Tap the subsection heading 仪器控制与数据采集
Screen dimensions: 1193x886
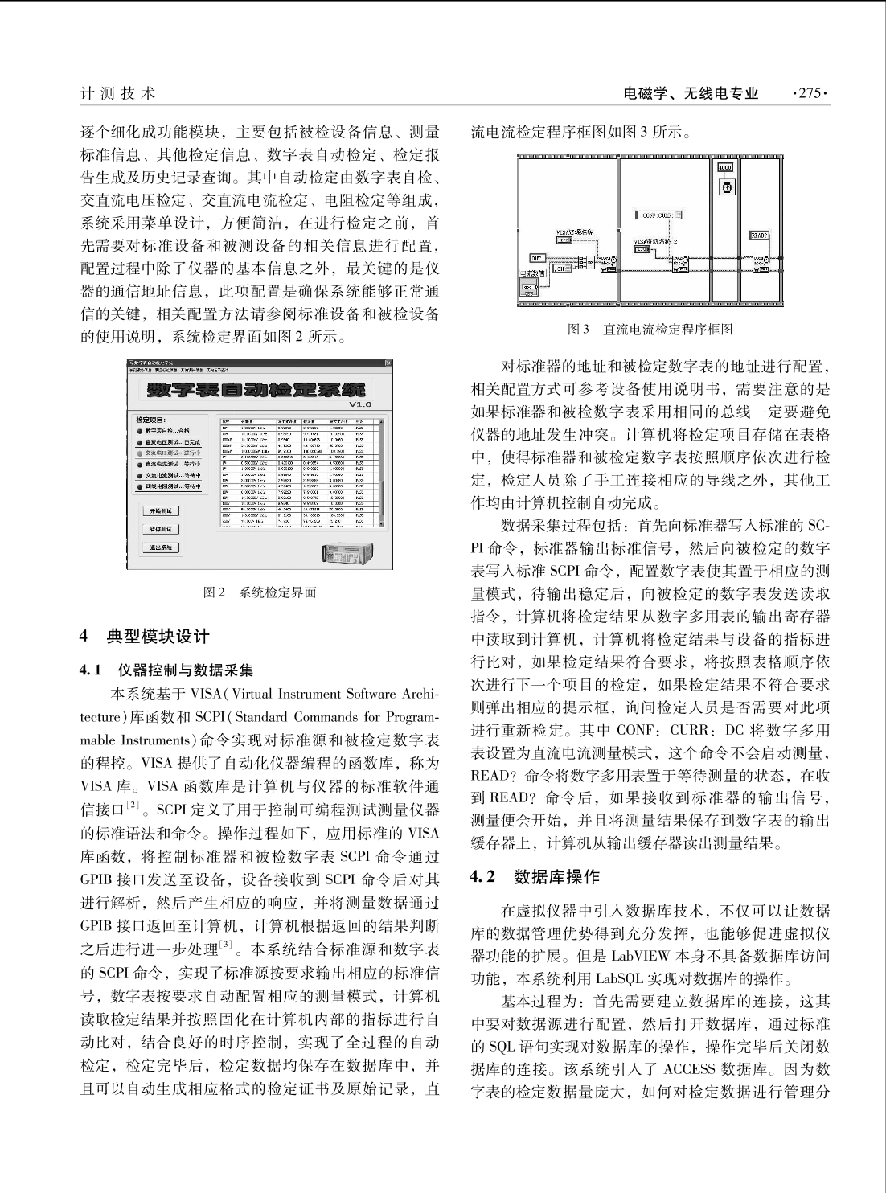(184, 669)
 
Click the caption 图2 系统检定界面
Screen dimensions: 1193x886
(259, 592)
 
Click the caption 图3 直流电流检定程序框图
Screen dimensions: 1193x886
(650, 329)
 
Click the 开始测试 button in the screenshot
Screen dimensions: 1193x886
(161, 510)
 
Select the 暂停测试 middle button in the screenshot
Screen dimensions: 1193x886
(161, 529)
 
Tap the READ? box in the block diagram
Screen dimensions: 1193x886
(759, 235)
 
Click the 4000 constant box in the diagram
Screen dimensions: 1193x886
(724, 168)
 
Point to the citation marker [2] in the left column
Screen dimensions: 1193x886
(133, 803)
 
